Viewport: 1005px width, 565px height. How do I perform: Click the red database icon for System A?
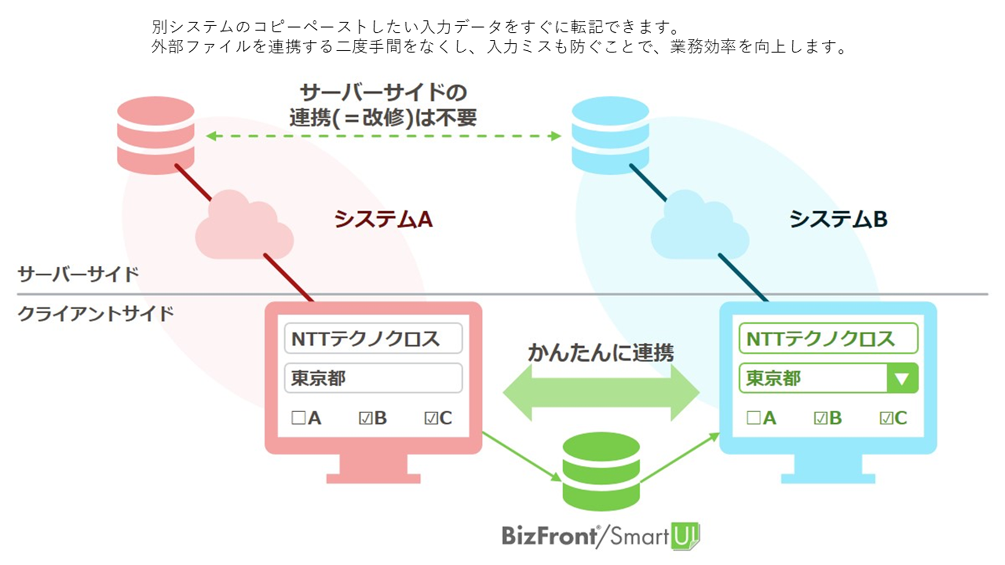tap(155, 134)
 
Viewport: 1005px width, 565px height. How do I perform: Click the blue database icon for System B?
tap(610, 134)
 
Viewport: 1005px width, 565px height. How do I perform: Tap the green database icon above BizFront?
tap(601, 471)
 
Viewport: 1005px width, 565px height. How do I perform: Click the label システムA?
tap(384, 219)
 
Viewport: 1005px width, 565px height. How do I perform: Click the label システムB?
tap(839, 219)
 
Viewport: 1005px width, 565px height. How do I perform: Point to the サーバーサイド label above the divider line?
tap(79, 274)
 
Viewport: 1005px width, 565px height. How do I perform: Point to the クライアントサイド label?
tap(96, 314)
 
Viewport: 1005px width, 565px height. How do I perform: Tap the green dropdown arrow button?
tap(902, 378)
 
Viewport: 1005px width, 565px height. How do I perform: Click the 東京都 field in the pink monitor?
tap(373, 378)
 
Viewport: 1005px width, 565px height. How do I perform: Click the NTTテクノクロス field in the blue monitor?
tap(828, 339)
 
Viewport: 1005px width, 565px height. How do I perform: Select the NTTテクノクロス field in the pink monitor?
tap(373, 339)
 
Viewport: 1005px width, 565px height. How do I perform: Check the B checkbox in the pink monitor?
tap(365, 418)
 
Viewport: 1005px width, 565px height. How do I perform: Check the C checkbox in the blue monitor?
tap(886, 418)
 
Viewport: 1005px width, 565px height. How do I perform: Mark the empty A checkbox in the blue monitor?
tap(754, 418)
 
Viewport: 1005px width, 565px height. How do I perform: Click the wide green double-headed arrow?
tap(601, 392)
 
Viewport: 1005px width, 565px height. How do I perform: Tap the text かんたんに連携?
tap(601, 353)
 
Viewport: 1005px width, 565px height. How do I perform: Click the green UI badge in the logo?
tap(685, 536)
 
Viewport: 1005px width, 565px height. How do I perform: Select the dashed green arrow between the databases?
tap(384, 136)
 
